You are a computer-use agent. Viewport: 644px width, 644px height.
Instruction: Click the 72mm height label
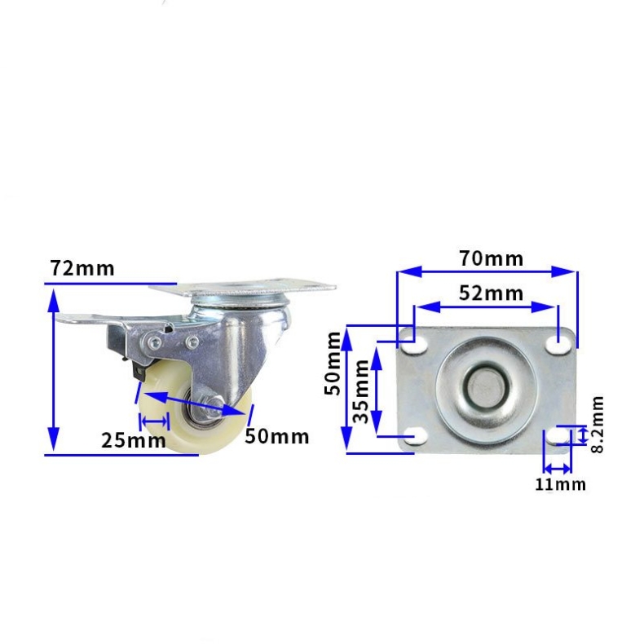[x=82, y=267]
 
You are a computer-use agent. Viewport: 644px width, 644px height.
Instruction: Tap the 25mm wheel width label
[x=134, y=440]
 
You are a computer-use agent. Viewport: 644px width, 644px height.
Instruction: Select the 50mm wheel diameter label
[x=277, y=436]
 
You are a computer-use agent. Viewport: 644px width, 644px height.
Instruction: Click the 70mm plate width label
[x=491, y=259]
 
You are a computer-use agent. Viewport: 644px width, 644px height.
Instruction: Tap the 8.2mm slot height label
[x=597, y=424]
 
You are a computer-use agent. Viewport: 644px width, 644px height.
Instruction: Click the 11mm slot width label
[x=560, y=484]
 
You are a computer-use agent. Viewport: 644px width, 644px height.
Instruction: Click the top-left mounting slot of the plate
[x=415, y=346]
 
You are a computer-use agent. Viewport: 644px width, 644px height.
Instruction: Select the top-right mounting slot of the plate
[x=559, y=345]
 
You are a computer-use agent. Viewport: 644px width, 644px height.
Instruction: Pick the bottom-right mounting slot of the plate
[x=559, y=438]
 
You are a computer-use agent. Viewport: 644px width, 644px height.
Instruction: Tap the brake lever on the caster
[x=90, y=320]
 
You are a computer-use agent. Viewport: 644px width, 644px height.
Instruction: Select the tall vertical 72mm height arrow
[x=54, y=371]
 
